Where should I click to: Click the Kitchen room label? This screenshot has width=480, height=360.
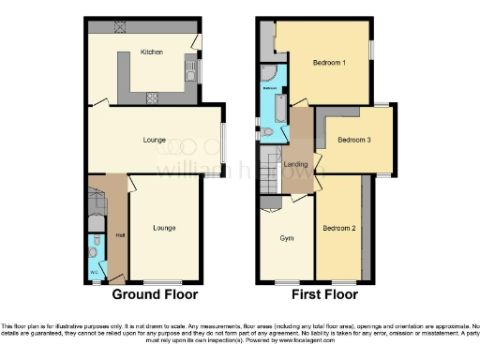pyautogui.click(x=151, y=52)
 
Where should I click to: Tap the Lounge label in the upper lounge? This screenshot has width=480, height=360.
pyautogui.click(x=155, y=141)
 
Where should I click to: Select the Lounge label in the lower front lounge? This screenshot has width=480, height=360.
pyautogui.click(x=164, y=228)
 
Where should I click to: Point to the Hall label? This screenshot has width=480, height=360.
pyautogui.click(x=119, y=235)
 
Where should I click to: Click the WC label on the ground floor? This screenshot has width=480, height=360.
pyautogui.click(x=94, y=272)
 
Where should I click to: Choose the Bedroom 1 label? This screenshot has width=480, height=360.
pyautogui.click(x=331, y=64)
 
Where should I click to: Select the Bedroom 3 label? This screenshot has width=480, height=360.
pyautogui.click(x=354, y=140)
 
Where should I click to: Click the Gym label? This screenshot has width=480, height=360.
pyautogui.click(x=287, y=238)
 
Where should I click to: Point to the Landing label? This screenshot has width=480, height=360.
pyautogui.click(x=296, y=164)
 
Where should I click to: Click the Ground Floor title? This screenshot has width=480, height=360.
pyautogui.click(x=155, y=294)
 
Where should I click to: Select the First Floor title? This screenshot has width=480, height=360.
pyautogui.click(x=320, y=294)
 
